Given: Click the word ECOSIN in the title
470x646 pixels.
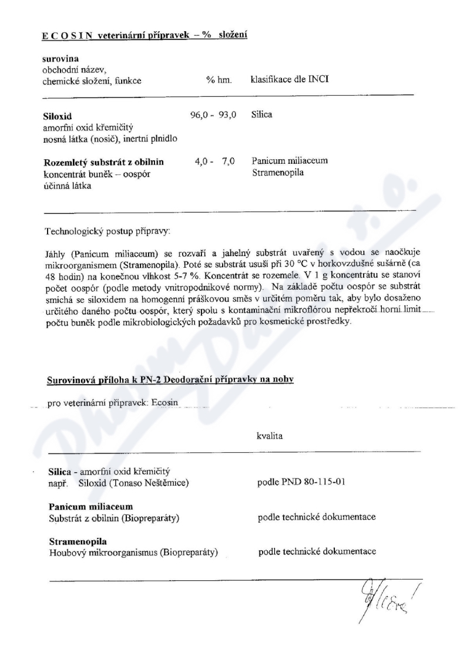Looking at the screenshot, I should tap(66, 36).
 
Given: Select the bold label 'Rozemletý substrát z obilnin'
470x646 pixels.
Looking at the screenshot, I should tap(103, 161).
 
